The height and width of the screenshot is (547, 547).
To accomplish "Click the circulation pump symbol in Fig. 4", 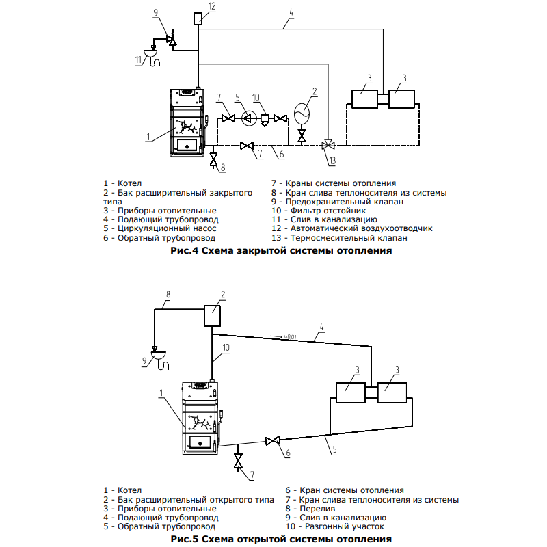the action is [x=249, y=118].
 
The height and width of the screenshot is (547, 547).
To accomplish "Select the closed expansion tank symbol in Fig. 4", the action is [x=302, y=113].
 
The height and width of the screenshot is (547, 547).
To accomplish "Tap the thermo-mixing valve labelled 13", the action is [x=328, y=145].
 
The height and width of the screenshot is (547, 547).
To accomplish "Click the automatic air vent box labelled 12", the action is [x=198, y=18].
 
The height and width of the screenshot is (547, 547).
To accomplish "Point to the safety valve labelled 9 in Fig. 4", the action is [x=172, y=39].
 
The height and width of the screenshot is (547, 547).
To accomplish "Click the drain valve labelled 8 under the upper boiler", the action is [x=213, y=159].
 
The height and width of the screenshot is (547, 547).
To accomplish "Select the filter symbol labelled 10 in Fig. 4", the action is [x=265, y=120].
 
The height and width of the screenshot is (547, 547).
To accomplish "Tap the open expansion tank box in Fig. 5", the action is [x=212, y=316].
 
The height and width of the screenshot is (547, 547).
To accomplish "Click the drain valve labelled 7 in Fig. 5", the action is [x=238, y=462].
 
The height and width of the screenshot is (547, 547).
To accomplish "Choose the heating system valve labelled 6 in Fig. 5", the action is [x=272, y=441].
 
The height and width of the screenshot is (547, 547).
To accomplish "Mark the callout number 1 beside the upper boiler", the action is [x=148, y=137].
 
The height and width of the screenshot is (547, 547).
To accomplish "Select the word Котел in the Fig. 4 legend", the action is [x=129, y=183].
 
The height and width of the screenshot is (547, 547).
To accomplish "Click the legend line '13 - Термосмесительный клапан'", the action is [x=339, y=238].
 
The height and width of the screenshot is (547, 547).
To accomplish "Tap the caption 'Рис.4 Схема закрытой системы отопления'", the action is [x=281, y=250].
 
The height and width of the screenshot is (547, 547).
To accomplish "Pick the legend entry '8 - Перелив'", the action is [x=310, y=509].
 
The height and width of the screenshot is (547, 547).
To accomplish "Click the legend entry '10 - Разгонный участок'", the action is [x=334, y=526].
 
